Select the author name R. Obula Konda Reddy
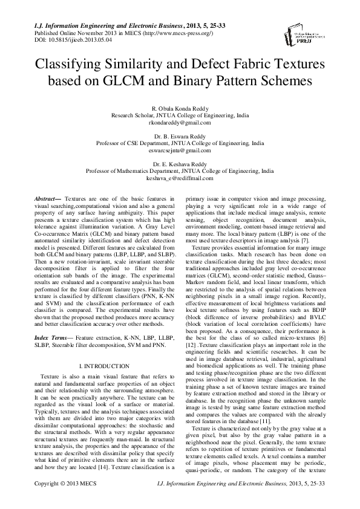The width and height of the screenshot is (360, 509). pos(180,106)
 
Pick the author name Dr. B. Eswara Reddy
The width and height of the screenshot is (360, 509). pos(180,137)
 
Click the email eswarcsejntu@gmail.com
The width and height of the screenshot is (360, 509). pos(180,152)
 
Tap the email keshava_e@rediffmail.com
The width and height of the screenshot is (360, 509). pos(180,178)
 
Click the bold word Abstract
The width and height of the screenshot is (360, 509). pos(42,198)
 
